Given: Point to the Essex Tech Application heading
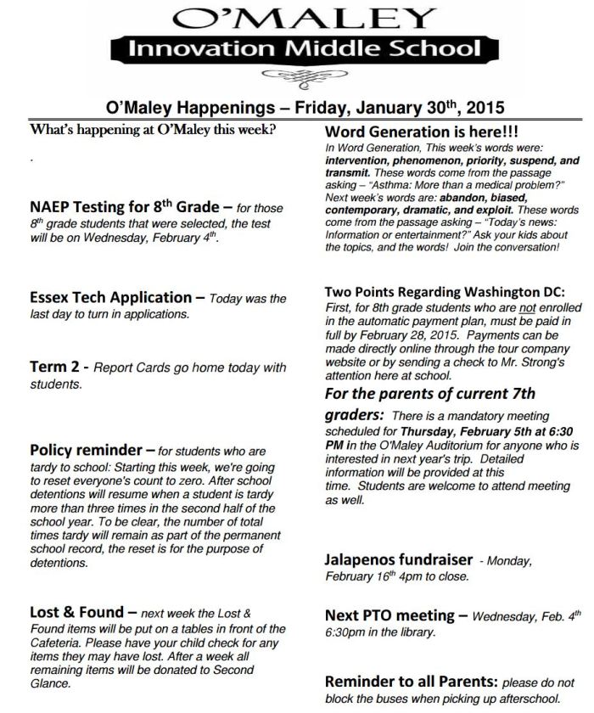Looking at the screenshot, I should (110, 297).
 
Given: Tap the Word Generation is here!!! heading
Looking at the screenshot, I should (422, 133).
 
